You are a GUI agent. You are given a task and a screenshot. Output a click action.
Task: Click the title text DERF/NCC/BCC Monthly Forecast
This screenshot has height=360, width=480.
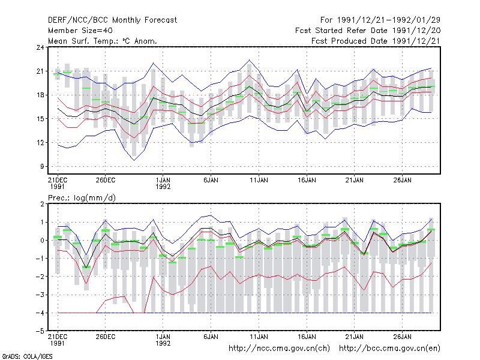(112, 20)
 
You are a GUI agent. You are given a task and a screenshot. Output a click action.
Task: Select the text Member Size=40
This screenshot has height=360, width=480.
(80, 31)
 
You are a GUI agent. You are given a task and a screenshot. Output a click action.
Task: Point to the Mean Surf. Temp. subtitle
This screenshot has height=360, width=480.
(103, 41)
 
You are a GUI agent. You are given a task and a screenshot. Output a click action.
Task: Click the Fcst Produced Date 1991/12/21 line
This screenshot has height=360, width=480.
(376, 41)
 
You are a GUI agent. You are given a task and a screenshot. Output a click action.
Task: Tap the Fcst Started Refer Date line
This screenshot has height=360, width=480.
(368, 31)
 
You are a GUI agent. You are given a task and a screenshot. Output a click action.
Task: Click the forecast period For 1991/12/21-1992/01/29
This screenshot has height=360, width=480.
(380, 20)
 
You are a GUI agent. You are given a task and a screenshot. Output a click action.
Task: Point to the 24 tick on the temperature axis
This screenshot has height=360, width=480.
(40, 47)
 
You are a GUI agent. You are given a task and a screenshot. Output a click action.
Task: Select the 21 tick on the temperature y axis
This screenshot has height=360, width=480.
(40, 71)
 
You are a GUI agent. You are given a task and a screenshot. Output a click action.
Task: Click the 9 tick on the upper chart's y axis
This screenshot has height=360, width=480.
(42, 167)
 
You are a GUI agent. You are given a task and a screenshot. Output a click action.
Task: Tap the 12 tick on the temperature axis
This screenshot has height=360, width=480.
(40, 143)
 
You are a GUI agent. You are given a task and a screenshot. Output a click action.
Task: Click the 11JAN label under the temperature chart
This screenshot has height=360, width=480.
(259, 181)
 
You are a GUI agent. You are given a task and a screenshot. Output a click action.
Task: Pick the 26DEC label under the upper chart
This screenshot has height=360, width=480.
(106, 181)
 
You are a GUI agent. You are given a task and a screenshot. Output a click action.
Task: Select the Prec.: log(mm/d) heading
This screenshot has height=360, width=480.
(82, 198)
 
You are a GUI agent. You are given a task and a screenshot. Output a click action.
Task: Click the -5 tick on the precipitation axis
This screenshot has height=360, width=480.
(40, 331)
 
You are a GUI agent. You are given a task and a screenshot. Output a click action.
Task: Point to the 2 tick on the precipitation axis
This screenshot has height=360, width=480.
(42, 204)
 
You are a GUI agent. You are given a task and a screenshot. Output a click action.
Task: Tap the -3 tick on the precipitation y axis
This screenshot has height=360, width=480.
(40, 295)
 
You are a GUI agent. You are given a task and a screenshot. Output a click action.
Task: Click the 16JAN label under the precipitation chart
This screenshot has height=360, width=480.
(307, 337)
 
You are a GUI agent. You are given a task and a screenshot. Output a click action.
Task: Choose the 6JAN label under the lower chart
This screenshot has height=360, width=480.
(211, 337)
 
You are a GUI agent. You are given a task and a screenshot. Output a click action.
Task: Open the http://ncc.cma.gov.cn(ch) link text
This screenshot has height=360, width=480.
(279, 349)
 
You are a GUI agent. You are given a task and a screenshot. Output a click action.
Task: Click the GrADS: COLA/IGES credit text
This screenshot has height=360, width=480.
(27, 356)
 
